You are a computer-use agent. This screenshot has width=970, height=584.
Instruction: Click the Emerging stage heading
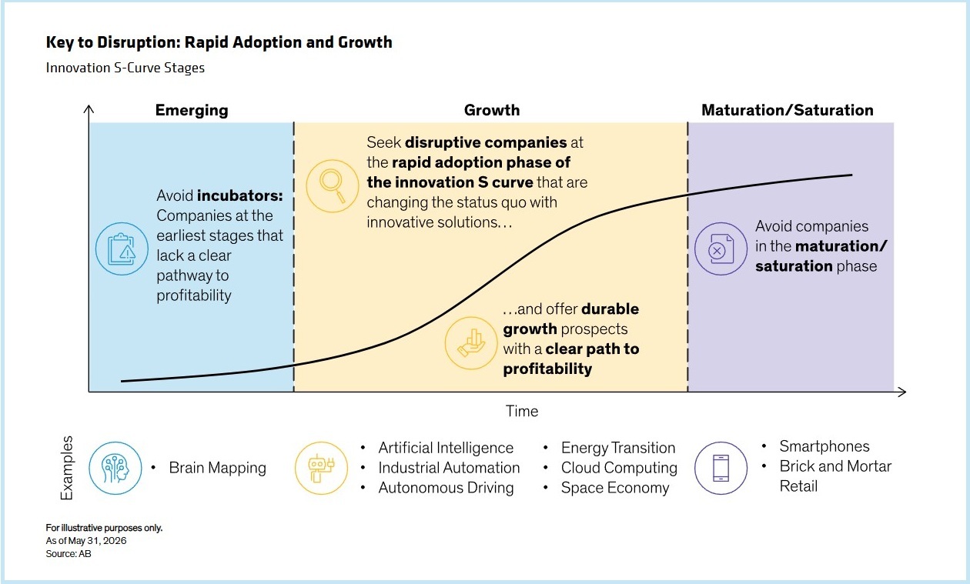tap(192, 111)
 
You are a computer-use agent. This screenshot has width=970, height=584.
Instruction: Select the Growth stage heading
tap(492, 110)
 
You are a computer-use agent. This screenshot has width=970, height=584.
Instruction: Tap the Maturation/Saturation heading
tap(788, 110)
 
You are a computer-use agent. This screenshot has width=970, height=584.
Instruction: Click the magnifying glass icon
tap(332, 185)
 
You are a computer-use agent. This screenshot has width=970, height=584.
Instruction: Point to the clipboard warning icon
tap(122, 249)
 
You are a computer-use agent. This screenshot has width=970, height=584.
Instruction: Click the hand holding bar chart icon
tap(471, 343)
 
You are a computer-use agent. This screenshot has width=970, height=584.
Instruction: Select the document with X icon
tap(721, 249)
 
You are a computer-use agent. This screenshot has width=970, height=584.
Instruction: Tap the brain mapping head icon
tap(115, 468)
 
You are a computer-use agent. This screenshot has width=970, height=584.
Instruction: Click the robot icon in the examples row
tap(321, 468)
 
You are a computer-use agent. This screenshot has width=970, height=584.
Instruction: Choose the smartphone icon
tap(721, 468)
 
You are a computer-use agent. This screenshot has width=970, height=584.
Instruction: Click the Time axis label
tap(522, 411)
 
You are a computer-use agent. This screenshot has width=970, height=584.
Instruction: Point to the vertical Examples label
tap(67, 468)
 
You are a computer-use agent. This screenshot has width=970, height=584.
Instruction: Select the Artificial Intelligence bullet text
tap(446, 448)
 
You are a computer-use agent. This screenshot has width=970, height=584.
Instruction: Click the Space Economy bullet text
tap(615, 488)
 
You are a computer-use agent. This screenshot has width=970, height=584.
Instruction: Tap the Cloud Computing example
tap(619, 468)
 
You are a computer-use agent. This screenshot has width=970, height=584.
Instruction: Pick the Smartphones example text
tap(824, 446)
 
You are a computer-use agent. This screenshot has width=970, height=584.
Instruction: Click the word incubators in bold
tap(239, 195)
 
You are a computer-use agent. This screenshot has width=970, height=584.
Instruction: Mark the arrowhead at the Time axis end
tap(905, 392)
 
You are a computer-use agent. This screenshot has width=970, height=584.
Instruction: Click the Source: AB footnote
tap(69, 554)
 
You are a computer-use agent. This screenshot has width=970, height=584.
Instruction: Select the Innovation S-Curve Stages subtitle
tap(125, 68)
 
